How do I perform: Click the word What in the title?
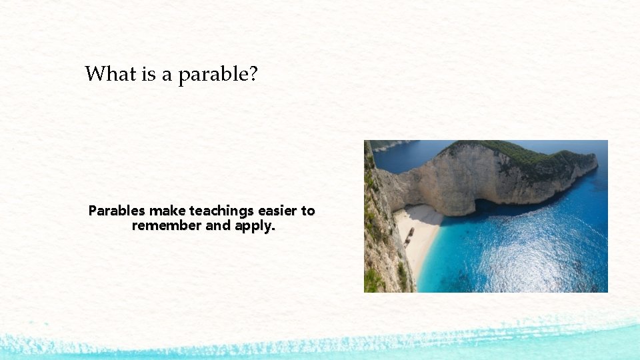pos(111,73)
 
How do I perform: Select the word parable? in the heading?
pos(217,75)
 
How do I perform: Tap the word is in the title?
pos(148,73)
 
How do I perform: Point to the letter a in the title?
pos(166,75)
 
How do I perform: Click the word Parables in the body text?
pos(117,211)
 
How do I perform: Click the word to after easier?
pos(308,211)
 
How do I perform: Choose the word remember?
pos(167,226)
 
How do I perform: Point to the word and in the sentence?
pos(218,226)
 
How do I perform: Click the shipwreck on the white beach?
pos(409,234)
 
